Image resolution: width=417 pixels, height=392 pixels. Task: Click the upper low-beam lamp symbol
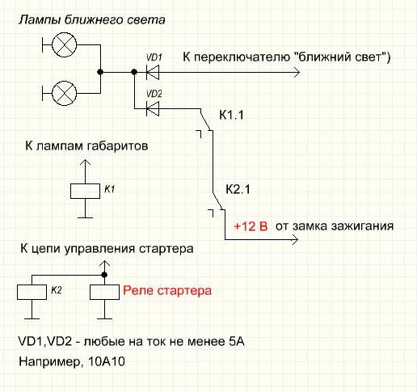point(64,44)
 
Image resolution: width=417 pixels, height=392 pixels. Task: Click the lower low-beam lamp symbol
point(64,93)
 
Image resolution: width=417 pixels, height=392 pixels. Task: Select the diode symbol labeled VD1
point(153,72)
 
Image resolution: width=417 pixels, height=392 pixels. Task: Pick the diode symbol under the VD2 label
point(153,109)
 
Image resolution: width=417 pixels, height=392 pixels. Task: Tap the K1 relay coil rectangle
point(85,192)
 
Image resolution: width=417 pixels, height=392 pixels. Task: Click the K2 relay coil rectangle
point(32,292)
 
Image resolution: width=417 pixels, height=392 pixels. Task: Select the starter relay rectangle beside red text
point(104,292)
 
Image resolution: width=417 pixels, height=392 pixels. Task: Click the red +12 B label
point(251,226)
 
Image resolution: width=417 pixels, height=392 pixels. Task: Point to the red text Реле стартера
point(167,291)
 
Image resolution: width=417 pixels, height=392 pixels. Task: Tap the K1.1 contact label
point(231,116)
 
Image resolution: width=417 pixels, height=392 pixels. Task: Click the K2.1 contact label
point(238,189)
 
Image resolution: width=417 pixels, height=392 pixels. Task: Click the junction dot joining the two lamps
point(100,72)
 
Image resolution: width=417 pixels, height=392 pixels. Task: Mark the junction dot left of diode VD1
point(134,72)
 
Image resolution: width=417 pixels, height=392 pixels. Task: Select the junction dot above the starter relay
point(104,275)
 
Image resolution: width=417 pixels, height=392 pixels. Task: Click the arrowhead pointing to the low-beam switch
point(297,72)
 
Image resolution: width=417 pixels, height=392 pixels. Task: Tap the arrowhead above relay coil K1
point(85,162)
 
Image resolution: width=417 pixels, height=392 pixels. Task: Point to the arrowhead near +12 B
point(295,239)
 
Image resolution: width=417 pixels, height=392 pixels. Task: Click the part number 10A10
point(107,361)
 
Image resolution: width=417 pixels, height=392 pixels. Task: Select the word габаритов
point(117,146)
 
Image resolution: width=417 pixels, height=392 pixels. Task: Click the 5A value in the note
point(237,342)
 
